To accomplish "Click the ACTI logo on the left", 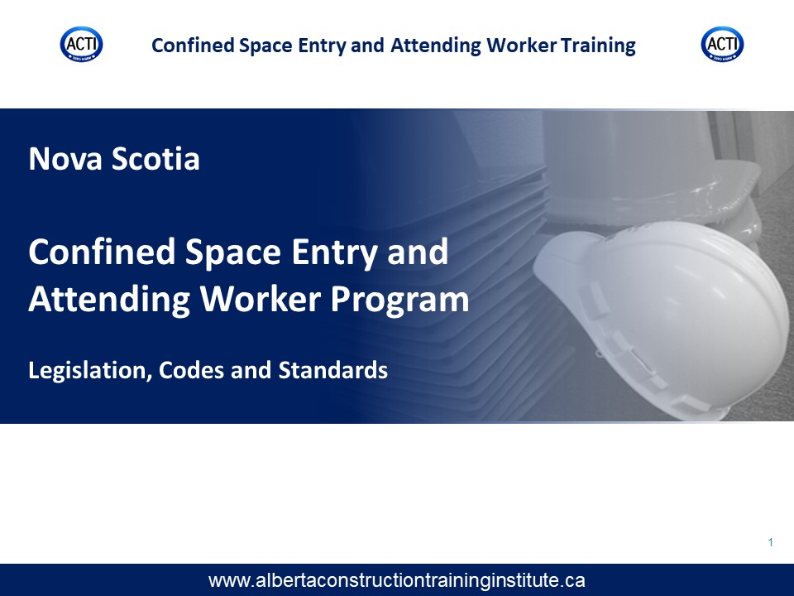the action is pyautogui.click(x=82, y=45).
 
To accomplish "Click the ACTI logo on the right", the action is pyautogui.click(x=722, y=45).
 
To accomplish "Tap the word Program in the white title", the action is pyautogui.click(x=399, y=300).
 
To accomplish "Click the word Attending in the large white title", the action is pyautogui.click(x=109, y=300).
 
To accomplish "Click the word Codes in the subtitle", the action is pyautogui.click(x=191, y=370).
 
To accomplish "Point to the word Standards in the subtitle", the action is pyautogui.click(x=333, y=370).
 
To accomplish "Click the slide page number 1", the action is pyautogui.click(x=771, y=543).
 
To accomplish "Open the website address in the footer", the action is pyautogui.click(x=396, y=580).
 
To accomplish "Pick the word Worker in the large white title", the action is pyautogui.click(x=261, y=299).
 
